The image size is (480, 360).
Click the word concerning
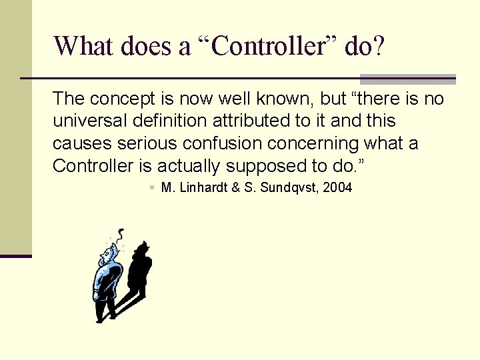pyautogui.click(x=321, y=144)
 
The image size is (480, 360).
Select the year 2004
pyautogui.click(x=337, y=188)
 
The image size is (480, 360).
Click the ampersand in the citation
pyautogui.click(x=236, y=188)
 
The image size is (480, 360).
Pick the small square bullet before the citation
pyautogui.click(x=153, y=189)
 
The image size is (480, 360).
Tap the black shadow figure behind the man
pyautogui.click(x=140, y=270)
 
